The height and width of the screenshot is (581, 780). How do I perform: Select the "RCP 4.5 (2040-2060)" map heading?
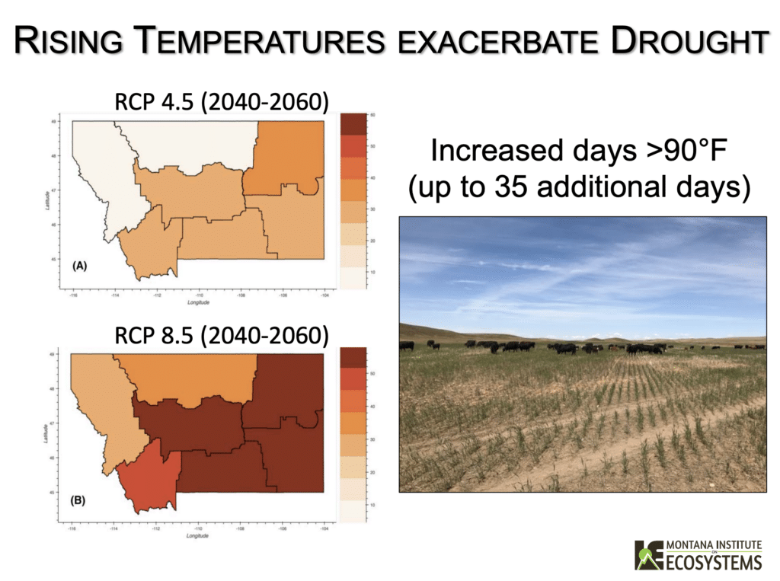point(221,101)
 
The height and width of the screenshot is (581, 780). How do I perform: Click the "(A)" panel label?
point(80,267)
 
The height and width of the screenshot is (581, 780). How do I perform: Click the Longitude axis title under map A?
point(198,302)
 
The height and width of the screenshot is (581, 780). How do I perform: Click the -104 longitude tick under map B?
point(324,528)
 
